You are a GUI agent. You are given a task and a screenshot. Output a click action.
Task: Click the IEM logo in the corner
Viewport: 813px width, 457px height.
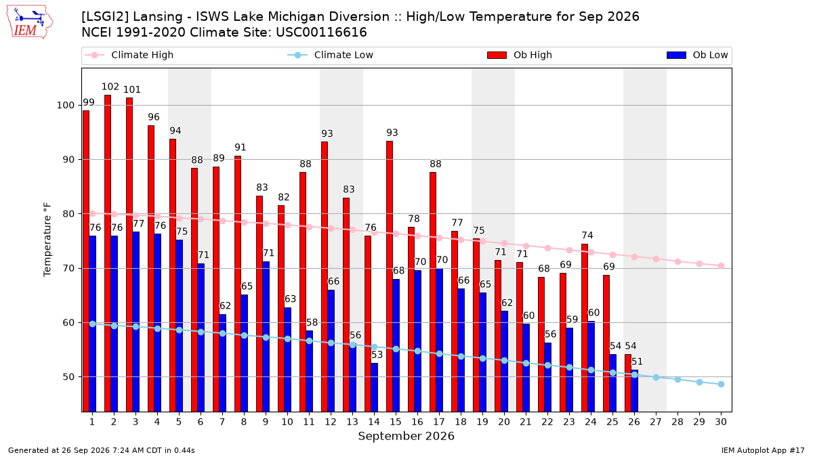[x=30, y=22]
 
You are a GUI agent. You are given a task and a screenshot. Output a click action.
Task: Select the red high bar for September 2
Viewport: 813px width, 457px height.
[x=108, y=253]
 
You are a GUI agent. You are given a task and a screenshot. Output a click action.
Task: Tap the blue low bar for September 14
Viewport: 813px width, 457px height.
[x=374, y=387]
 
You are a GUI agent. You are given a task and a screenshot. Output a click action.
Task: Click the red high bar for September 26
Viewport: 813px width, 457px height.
[x=628, y=383]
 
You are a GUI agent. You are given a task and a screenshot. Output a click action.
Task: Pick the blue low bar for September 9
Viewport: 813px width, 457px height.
[x=266, y=336]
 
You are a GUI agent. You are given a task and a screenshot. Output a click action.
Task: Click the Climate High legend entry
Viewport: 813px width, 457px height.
[x=129, y=55]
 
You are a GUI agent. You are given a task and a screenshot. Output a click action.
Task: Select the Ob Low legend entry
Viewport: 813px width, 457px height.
[x=697, y=55]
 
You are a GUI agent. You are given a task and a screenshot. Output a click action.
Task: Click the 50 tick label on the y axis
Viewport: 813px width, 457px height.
[x=68, y=377]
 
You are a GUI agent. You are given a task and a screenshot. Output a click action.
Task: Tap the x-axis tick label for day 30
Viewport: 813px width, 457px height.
[x=721, y=422]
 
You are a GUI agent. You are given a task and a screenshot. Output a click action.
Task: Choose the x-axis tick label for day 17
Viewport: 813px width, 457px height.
[x=439, y=422]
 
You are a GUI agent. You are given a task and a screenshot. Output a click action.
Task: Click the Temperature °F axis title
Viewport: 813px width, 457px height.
[x=47, y=240]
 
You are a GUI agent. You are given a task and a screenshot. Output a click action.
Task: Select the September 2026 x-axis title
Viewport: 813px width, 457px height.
[x=406, y=436]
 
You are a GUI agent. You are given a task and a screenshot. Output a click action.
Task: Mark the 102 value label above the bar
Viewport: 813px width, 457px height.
[x=110, y=87]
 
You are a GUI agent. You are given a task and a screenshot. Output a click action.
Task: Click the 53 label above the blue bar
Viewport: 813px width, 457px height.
[x=377, y=355]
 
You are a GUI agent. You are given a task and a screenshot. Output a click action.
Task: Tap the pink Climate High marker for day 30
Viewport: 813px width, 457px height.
[x=721, y=266]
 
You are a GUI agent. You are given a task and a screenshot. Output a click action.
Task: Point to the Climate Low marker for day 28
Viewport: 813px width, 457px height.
[x=677, y=379]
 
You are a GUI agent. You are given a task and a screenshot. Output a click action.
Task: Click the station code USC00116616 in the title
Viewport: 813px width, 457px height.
[x=321, y=32]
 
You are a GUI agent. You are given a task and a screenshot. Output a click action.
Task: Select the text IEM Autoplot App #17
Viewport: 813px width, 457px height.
[x=763, y=450]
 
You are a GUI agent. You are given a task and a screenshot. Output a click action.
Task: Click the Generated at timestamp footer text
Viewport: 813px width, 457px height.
[x=101, y=450]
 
